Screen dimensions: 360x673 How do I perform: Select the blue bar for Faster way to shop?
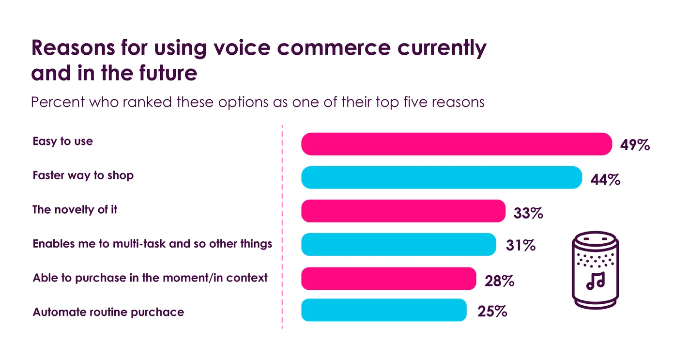pyautogui.click(x=441, y=177)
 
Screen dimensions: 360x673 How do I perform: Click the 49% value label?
pyautogui.click(x=635, y=145)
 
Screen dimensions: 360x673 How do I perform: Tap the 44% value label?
pyautogui.click(x=605, y=180)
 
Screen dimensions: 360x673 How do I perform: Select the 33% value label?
pyautogui.click(x=528, y=213)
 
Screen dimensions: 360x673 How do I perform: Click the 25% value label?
pyautogui.click(x=492, y=312)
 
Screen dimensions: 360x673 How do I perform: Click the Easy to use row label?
pyautogui.click(x=62, y=141)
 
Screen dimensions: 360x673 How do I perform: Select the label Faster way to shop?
pyautogui.click(x=83, y=175)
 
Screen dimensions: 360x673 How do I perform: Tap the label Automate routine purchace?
pyautogui.click(x=108, y=312)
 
